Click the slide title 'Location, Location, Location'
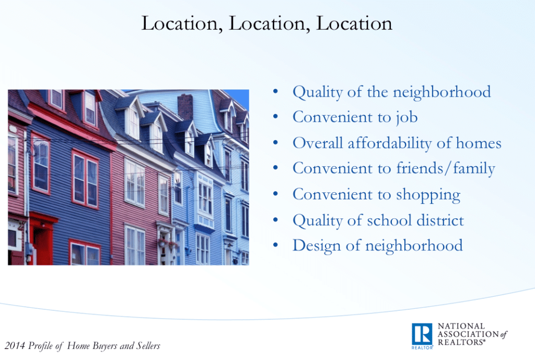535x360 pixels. point(267,24)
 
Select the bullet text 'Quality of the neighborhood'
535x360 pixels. point(392,92)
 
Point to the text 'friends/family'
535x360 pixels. point(446,169)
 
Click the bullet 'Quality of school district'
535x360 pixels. point(378,220)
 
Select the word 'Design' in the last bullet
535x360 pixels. point(317,246)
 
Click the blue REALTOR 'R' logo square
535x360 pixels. point(422,334)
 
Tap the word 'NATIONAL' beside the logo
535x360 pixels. point(461,326)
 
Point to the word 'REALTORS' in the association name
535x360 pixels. point(461,342)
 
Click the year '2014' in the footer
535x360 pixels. point(15,346)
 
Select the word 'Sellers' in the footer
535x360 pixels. point(148,346)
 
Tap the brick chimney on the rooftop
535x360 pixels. point(185,107)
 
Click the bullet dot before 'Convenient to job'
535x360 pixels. point(275,117)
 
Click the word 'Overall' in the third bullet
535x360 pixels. point(318,143)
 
